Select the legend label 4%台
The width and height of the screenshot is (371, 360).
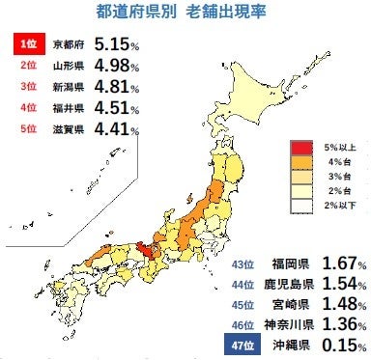point(338,163)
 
